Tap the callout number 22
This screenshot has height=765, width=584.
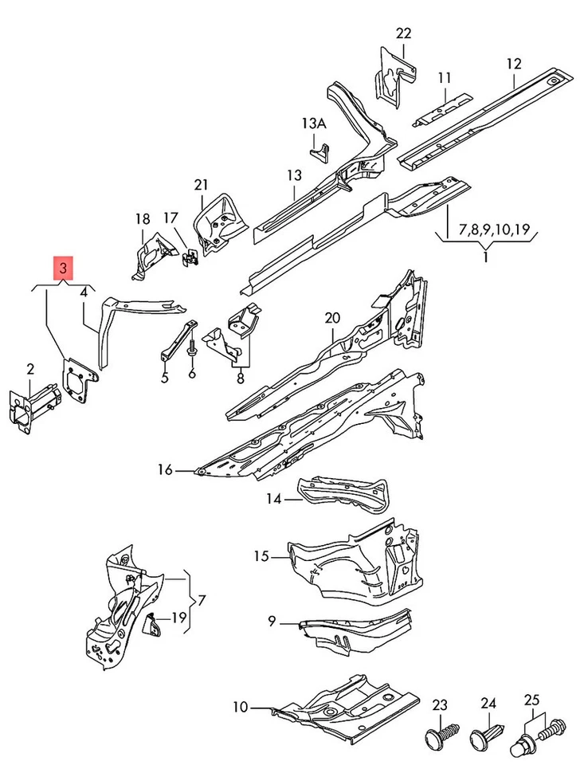pyautogui.click(x=403, y=33)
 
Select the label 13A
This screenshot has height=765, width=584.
pyautogui.click(x=314, y=124)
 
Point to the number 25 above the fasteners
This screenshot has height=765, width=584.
pyautogui.click(x=532, y=700)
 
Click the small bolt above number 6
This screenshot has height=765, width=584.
pyautogui.click(x=192, y=351)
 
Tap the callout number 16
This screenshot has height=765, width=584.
pyautogui.click(x=165, y=470)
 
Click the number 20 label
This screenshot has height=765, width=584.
pyautogui.click(x=332, y=319)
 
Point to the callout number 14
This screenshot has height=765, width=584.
pyautogui.click(x=274, y=499)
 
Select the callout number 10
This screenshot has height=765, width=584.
pyautogui.click(x=241, y=706)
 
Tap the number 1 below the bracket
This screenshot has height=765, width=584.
pyautogui.click(x=485, y=259)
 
